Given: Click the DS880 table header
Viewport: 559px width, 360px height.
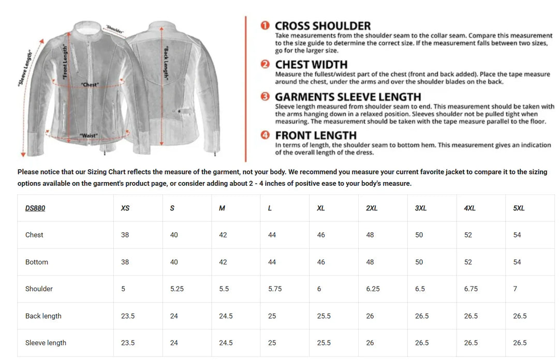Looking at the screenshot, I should [x=35, y=208].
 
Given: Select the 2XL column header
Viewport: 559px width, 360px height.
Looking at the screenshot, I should [x=372, y=208].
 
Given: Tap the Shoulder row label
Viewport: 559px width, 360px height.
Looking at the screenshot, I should [x=39, y=289].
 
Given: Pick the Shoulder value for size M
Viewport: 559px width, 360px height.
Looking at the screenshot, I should [x=224, y=289].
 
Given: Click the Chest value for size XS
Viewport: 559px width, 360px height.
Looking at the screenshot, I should [x=125, y=235].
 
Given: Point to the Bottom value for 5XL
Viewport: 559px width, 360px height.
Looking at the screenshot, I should [x=517, y=262].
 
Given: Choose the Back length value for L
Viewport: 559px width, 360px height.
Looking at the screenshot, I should [x=272, y=316].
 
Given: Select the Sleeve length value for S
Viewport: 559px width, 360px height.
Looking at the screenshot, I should [x=174, y=343].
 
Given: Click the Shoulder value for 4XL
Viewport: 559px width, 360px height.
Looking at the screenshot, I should [x=470, y=289].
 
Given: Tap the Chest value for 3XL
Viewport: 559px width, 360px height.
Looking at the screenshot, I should [x=419, y=235].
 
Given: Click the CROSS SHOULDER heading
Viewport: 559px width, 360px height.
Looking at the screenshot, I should [x=322, y=26].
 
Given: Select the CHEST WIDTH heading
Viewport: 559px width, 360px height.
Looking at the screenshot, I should [x=311, y=65].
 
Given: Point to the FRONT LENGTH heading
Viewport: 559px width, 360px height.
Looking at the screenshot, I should [x=316, y=136].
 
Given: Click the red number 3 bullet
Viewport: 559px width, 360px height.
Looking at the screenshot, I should [x=265, y=97].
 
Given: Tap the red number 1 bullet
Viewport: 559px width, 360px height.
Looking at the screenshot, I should [x=265, y=26].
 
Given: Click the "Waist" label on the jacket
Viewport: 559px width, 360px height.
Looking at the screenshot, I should [x=89, y=136].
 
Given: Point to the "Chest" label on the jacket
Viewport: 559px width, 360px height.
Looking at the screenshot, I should [x=90, y=84].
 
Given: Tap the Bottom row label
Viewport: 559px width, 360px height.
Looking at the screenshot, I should [x=36, y=262].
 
